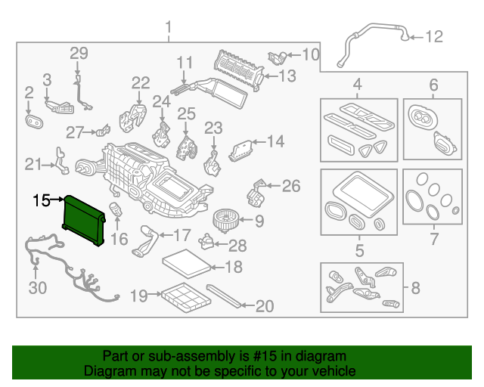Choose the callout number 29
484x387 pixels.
pyautogui.click(x=79, y=53)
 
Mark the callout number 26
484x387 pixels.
pyautogui.click(x=291, y=186)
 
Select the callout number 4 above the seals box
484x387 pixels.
pyautogui.click(x=357, y=83)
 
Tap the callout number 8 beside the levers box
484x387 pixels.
pyautogui.click(x=415, y=287)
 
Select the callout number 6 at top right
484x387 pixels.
pyautogui.click(x=433, y=83)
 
